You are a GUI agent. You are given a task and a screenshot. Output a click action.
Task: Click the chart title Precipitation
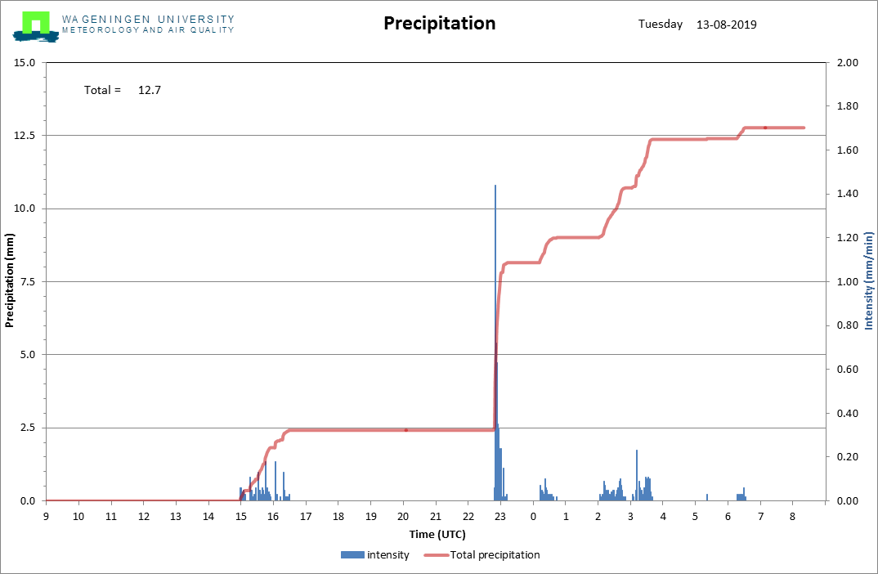[x=439, y=24]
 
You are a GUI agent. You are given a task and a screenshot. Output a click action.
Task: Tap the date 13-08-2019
[x=726, y=25]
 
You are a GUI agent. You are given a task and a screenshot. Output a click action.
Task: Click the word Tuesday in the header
[x=660, y=25]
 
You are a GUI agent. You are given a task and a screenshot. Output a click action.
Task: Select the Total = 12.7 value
[x=149, y=90]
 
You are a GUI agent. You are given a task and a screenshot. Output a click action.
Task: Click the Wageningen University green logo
[x=35, y=25]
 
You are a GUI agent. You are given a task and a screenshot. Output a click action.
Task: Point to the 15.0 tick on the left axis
[x=25, y=63]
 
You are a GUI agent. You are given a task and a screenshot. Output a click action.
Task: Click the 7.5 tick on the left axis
[x=27, y=282]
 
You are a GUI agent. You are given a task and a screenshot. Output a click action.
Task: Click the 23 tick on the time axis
[x=500, y=516]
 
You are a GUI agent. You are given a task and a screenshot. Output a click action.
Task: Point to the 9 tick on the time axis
[x=46, y=516]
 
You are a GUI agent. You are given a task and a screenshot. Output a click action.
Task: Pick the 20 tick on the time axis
[x=403, y=516]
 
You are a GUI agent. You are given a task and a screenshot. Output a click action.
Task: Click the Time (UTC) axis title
[x=437, y=533]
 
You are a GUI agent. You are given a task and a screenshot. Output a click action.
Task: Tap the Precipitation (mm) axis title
[x=10, y=281]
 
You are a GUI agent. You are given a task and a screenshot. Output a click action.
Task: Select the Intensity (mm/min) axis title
[x=868, y=281]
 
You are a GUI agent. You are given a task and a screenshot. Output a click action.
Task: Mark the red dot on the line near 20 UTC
[x=405, y=430]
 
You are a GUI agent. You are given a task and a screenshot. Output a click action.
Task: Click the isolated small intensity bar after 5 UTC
[x=706, y=497]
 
